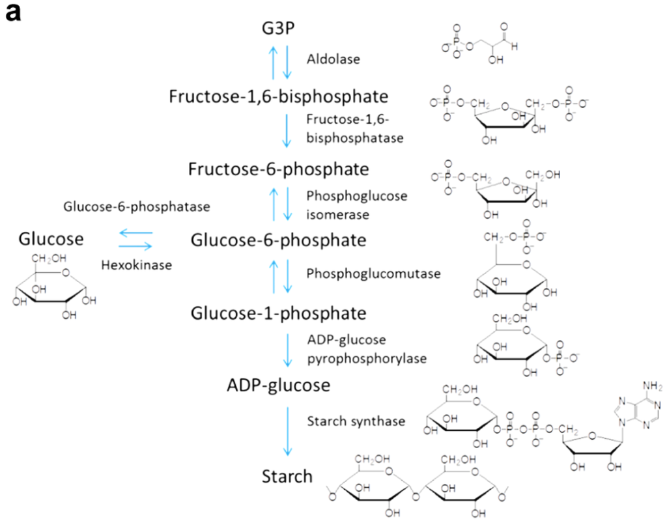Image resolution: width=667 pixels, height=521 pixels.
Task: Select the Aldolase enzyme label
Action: (333, 59)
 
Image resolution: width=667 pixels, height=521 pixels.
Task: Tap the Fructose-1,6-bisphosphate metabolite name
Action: (279, 96)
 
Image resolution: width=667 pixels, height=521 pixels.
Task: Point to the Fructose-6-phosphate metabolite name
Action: (279, 169)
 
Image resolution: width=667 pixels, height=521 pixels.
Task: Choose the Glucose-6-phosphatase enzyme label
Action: (136, 207)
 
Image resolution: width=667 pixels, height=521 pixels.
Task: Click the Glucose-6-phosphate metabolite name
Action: (279, 240)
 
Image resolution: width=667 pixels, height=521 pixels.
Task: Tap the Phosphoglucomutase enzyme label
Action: (374, 274)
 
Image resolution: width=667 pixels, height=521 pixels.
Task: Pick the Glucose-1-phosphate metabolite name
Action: (279, 313)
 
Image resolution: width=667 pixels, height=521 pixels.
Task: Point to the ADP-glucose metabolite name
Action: (279, 386)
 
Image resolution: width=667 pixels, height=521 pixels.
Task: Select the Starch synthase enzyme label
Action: (356, 421)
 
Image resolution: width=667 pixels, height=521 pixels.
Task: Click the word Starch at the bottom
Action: (287, 476)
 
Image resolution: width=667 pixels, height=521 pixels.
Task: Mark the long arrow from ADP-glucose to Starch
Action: (286, 430)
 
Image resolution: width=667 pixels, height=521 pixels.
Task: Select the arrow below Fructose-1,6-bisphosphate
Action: (286, 130)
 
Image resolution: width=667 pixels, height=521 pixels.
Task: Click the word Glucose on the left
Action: (51, 239)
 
